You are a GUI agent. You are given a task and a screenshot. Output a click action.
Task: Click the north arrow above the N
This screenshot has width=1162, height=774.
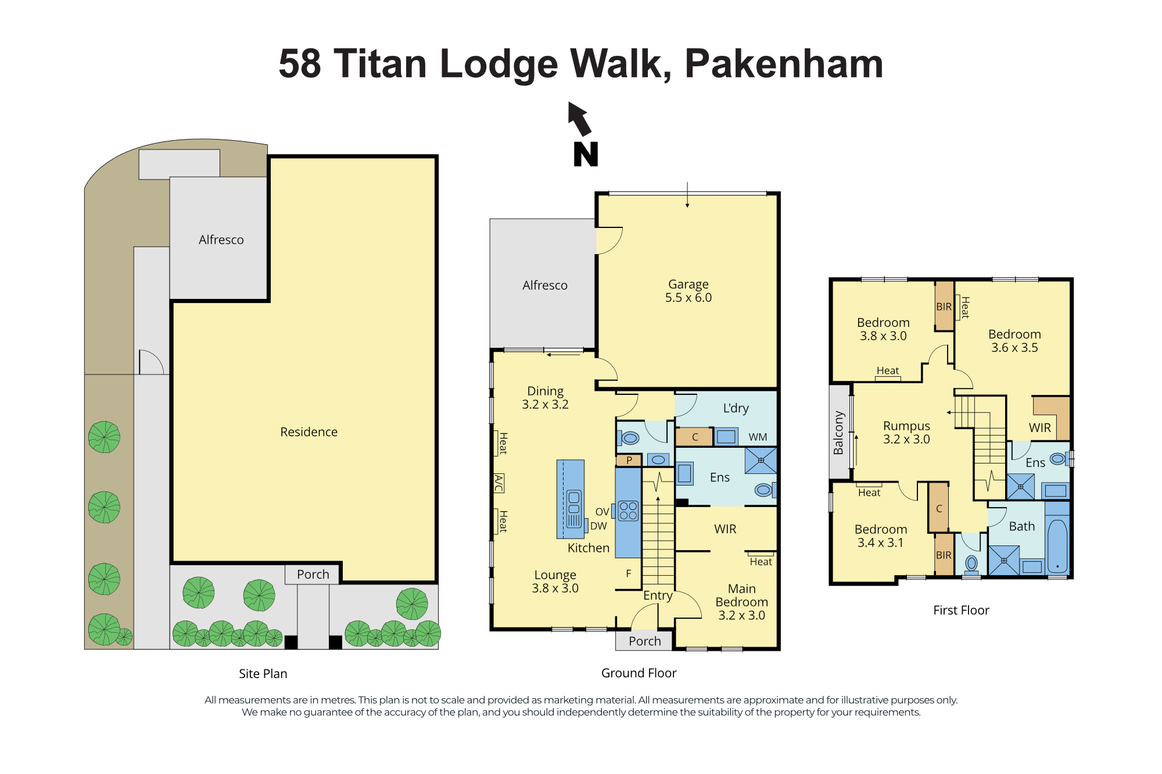point(579,119)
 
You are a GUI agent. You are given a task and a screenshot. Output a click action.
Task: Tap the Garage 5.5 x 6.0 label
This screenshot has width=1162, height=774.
point(688,291)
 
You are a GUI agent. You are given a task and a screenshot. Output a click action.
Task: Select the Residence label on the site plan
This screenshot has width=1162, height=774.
point(309,432)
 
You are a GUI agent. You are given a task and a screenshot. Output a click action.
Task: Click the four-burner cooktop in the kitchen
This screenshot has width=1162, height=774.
point(628,511)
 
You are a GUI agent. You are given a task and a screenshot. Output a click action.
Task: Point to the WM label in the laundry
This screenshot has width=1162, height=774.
point(758,437)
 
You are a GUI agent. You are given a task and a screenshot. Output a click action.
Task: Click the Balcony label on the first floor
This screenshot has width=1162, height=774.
point(838,433)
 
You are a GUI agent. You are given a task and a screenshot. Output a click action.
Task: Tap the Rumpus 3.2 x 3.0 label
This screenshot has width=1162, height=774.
point(906,433)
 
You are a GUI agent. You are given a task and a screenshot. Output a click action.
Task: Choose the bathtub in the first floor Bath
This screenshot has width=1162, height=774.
point(1057,547)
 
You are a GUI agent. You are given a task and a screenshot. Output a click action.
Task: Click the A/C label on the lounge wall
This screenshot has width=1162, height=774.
point(498,483)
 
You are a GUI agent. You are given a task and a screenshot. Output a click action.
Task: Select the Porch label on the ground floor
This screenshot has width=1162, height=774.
point(645,641)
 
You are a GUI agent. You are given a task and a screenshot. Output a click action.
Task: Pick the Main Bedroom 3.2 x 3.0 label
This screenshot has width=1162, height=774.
point(742,602)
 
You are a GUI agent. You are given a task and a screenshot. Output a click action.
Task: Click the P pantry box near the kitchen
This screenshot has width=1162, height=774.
point(629,460)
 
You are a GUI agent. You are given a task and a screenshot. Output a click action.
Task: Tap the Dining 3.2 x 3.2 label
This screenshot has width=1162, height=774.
point(545,398)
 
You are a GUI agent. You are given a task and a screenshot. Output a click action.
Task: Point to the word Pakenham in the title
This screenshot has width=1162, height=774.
point(784,63)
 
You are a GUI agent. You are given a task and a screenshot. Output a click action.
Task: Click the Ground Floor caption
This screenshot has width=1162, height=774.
point(639,673)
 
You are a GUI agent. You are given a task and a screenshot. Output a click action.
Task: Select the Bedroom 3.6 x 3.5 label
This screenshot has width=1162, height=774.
point(1014,341)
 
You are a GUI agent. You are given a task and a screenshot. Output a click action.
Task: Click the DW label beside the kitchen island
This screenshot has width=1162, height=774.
point(598,526)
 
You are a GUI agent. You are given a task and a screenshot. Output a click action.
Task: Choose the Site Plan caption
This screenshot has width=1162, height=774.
point(263,673)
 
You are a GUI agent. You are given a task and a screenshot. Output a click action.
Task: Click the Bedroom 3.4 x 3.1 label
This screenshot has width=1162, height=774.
point(881,536)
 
